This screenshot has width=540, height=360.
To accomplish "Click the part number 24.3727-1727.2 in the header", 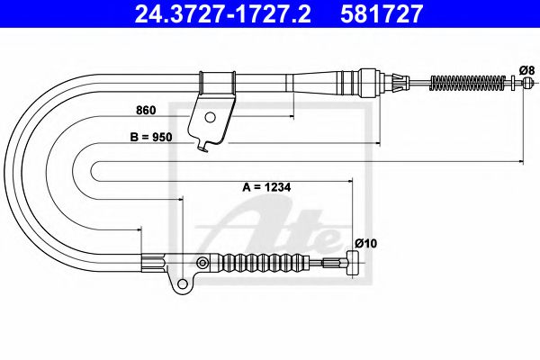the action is pos(223,13).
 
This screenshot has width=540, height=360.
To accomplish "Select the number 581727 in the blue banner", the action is pos(382,13).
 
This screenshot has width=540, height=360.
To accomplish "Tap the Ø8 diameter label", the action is pos(526,70).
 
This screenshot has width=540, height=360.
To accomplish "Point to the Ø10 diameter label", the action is pos(365,244).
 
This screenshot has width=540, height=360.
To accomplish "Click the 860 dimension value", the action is pos(146,110).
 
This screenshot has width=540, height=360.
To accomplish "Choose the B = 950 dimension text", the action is pos(151,137).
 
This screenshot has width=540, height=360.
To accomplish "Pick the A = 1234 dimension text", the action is pos(267,187).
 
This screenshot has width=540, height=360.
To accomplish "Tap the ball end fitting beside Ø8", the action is pos(527,83).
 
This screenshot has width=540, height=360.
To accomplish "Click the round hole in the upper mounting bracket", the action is pos(210,117).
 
